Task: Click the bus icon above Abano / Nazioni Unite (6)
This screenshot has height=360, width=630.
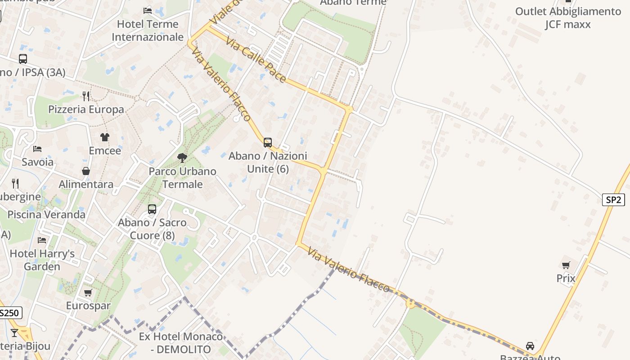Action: point(268,143)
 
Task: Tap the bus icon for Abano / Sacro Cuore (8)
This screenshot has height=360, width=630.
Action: point(152,209)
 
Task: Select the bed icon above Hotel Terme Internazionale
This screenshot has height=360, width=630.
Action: point(148,10)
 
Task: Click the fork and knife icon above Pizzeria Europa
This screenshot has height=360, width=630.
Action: point(86,96)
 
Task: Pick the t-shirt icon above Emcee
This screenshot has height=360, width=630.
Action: point(105,137)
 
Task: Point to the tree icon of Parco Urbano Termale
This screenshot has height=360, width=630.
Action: point(182,158)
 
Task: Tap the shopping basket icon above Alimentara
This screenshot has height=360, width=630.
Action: point(86,171)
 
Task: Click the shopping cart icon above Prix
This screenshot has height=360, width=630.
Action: point(566,265)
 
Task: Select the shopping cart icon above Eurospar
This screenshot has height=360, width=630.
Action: point(88,293)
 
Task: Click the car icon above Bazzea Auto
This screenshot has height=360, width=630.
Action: point(530,346)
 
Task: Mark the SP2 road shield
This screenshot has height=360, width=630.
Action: point(613,200)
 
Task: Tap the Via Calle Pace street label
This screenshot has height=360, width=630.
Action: point(256,60)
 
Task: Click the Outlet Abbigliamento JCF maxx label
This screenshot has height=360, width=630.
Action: point(568,18)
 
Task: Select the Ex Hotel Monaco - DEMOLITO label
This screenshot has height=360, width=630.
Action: point(181,343)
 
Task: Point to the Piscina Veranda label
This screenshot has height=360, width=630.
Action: point(46,215)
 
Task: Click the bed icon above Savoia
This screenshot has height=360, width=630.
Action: point(37,148)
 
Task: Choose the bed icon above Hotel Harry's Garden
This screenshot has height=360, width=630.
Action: point(42,240)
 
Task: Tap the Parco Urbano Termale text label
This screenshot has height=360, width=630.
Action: point(182,178)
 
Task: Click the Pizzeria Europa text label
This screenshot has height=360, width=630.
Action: point(86,109)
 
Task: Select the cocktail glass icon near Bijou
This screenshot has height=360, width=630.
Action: point(14,333)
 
